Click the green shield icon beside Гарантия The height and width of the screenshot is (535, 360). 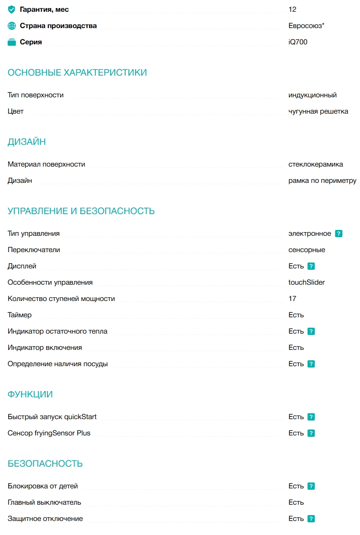pyautogui.click(x=12, y=10)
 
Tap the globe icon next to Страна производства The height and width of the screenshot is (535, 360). pyautogui.click(x=12, y=26)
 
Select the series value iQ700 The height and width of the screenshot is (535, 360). pyautogui.click(x=298, y=42)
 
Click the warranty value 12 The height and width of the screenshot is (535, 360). pyautogui.click(x=292, y=10)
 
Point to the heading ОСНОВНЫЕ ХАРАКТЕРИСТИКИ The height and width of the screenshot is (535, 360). pyautogui.click(x=77, y=72)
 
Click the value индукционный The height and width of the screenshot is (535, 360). pyautogui.click(x=313, y=95)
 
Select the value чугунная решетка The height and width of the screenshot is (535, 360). pyautogui.click(x=318, y=111)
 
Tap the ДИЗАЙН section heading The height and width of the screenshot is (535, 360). pyautogui.click(x=27, y=142)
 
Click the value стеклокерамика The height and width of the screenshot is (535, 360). pyautogui.click(x=316, y=164)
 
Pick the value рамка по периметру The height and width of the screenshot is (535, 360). pyautogui.click(x=322, y=181)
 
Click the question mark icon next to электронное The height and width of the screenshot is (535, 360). pyautogui.click(x=339, y=234)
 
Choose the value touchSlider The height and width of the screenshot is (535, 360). pyautogui.click(x=307, y=282)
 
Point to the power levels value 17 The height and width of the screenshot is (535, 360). pyautogui.click(x=292, y=299)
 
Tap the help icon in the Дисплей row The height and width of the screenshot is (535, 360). pyautogui.click(x=311, y=266)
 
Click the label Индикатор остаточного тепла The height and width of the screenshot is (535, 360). pyautogui.click(x=57, y=331)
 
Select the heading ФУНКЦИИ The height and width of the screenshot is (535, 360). pyautogui.click(x=30, y=394)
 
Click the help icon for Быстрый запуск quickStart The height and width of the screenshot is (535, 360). pyautogui.click(x=311, y=417)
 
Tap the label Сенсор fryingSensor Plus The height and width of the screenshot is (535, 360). pyautogui.click(x=49, y=433)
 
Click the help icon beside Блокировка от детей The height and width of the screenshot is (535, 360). pyautogui.click(x=311, y=486)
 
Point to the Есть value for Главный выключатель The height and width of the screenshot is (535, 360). pyautogui.click(x=296, y=502)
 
